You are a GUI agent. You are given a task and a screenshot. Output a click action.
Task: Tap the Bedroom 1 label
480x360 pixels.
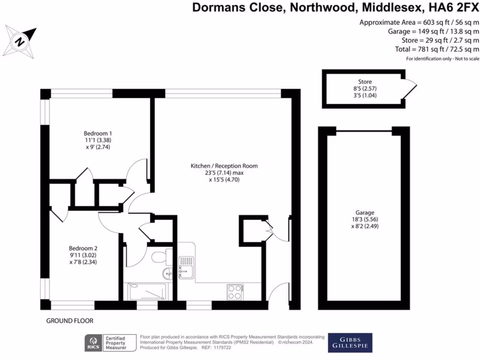[x=98, y=133]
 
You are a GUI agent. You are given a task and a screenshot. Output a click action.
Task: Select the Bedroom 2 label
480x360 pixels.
[x=83, y=248]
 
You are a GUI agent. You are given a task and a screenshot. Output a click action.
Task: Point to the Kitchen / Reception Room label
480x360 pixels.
[x=224, y=165]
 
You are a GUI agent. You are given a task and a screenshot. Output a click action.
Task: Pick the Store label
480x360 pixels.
[x=365, y=82]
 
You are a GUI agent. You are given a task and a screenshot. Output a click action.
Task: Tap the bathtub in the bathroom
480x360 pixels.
[x=147, y=292]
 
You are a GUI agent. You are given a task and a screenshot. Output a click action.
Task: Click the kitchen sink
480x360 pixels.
[x=186, y=269]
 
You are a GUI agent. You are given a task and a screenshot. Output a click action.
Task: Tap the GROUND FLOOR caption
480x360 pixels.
[x=70, y=321]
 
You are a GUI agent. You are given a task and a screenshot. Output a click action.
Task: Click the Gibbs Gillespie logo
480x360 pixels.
[x=350, y=343]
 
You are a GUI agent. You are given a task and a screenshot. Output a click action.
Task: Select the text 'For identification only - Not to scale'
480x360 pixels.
[x=442, y=59]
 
